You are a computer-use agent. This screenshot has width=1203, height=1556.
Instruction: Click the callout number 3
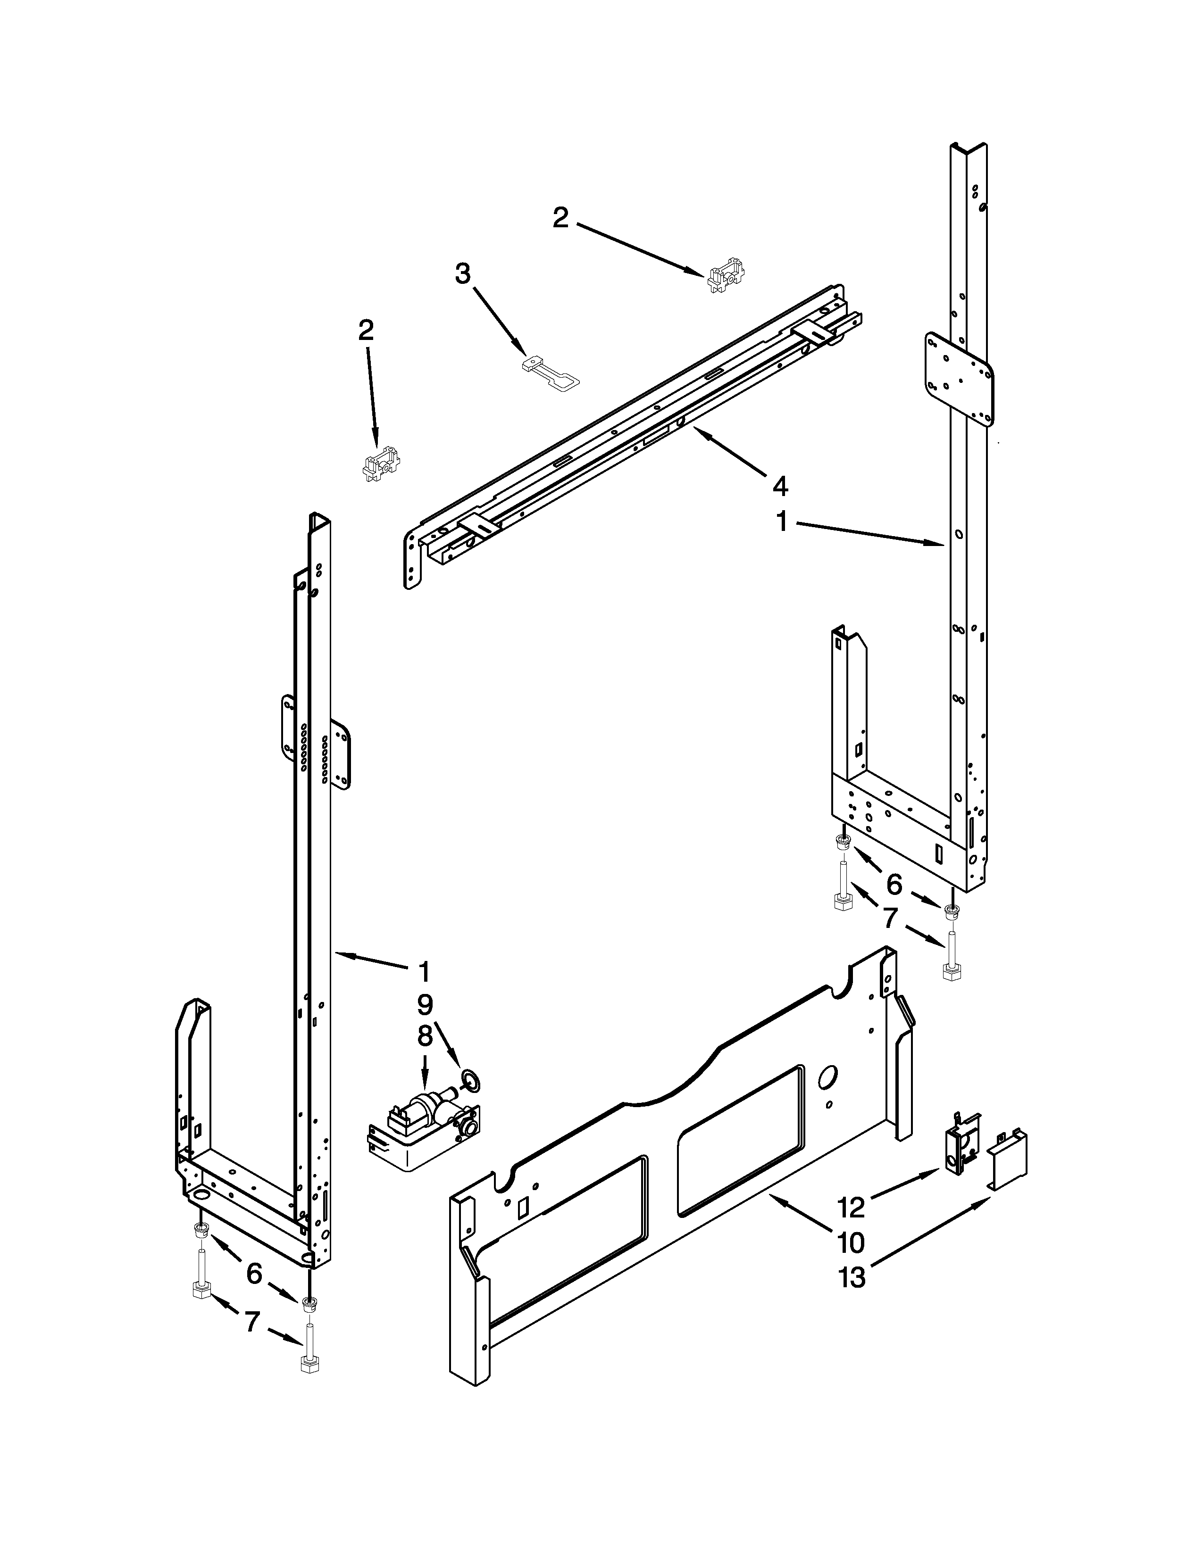[x=463, y=273]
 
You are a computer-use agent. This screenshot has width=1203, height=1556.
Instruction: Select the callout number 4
[x=780, y=487]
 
